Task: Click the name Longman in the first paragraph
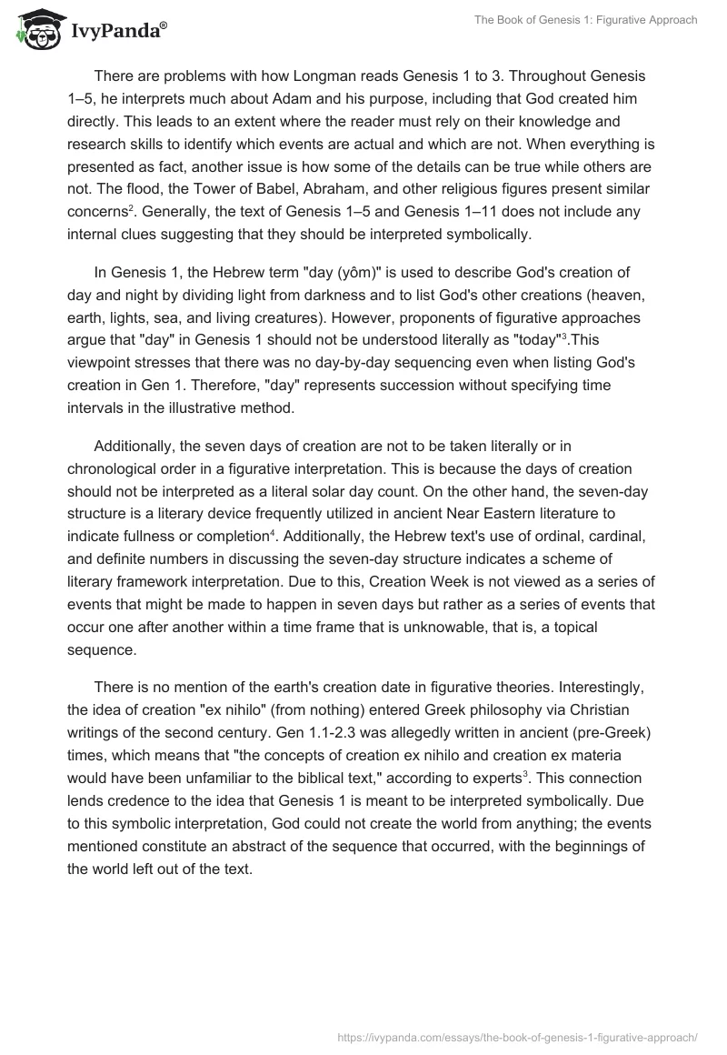(x=287, y=75)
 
